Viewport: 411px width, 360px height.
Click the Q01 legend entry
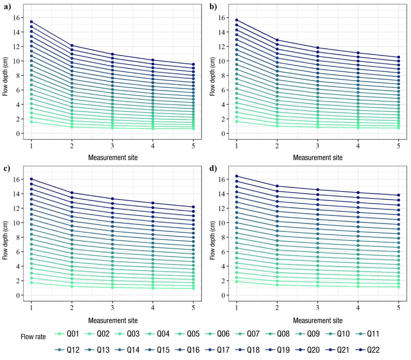67,334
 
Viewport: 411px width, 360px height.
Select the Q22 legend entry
368,350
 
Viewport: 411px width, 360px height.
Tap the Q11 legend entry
368,334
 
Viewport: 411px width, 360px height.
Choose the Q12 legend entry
67,350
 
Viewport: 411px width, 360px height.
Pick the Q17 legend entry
217,350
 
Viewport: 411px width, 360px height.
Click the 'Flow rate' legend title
33,337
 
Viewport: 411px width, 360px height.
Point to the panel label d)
213,168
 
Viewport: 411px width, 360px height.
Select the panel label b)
213,7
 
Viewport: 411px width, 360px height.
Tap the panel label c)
7,168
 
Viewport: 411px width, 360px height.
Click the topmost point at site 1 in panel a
31,22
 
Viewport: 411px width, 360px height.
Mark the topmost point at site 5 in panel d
398,195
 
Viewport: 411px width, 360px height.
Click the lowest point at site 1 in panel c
31,283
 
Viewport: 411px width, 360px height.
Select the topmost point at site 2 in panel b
277,40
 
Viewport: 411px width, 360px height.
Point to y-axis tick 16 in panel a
16,18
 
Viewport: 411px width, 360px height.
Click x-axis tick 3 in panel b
317,146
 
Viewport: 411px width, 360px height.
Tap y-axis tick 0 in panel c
18,295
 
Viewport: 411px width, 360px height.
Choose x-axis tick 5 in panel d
398,308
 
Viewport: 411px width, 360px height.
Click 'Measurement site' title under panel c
113,320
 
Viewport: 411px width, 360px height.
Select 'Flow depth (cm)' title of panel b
212,76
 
